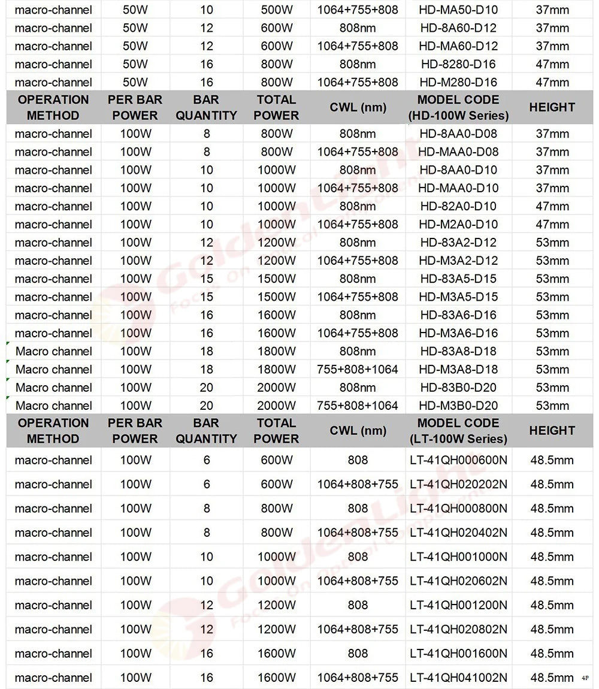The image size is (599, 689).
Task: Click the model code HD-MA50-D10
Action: click(x=458, y=10)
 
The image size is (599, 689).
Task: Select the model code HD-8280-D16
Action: click(x=458, y=64)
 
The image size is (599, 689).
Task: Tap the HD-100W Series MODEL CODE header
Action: click(x=458, y=107)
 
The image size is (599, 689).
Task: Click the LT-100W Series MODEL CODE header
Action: click(x=458, y=431)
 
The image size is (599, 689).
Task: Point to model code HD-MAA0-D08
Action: click(x=458, y=152)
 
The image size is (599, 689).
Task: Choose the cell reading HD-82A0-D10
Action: click(x=458, y=206)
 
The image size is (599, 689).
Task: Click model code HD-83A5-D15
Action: click(x=458, y=279)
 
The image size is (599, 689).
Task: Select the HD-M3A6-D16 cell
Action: click(x=458, y=333)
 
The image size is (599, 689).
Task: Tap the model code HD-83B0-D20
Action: click(x=458, y=388)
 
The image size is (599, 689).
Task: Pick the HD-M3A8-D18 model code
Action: click(x=458, y=370)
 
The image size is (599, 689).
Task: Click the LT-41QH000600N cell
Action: click(x=458, y=460)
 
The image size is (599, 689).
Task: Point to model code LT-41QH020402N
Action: click(x=458, y=533)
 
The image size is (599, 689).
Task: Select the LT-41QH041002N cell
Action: click(x=458, y=678)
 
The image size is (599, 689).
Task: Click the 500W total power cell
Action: click(x=276, y=10)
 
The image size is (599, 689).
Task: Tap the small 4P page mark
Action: click(x=585, y=678)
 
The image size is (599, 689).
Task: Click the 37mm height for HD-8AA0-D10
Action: click(x=552, y=170)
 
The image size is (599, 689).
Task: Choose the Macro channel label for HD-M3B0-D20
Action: click(x=54, y=406)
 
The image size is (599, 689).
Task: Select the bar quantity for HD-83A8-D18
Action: click(x=207, y=351)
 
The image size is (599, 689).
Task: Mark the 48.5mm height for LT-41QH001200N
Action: click(x=552, y=605)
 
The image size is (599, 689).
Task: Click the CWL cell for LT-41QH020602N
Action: click(x=358, y=581)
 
